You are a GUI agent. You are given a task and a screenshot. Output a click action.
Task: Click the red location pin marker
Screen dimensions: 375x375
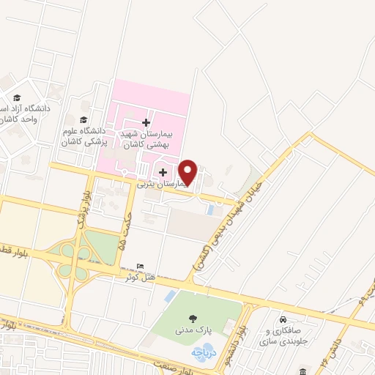188,172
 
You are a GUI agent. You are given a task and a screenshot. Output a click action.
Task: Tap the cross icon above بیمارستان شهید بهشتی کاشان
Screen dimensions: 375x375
146,122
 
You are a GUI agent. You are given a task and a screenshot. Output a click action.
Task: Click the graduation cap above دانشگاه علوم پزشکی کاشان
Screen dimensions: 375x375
83,119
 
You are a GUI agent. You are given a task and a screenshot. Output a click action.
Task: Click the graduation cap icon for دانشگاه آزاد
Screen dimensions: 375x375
16,97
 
